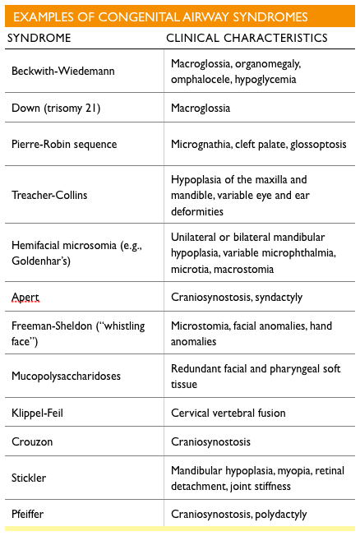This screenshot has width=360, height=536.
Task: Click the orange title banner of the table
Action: [x=179, y=16]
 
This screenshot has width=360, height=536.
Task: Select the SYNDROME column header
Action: [x=39, y=38]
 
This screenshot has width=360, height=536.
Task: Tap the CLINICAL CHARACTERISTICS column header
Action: [x=247, y=38]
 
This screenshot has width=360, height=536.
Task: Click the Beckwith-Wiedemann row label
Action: [x=62, y=72]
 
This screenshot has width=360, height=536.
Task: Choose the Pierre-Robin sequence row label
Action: [x=64, y=145]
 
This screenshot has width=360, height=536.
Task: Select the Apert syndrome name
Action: [x=25, y=297]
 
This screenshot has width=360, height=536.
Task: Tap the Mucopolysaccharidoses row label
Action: [x=66, y=376]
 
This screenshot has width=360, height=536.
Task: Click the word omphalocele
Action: [x=201, y=79]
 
